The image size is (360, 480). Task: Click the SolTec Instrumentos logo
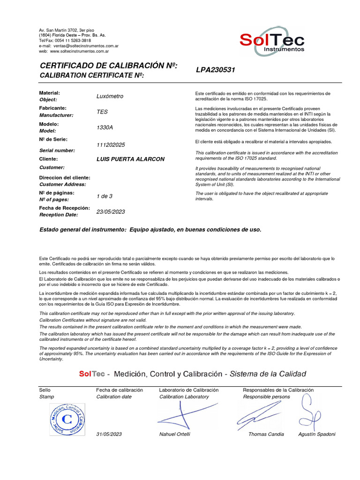point(272,42)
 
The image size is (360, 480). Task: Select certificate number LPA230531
point(215,70)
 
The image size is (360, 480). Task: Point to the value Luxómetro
point(110,96)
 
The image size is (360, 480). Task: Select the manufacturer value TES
point(102,112)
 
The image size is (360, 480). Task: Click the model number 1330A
point(105,127)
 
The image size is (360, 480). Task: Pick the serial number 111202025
point(111,145)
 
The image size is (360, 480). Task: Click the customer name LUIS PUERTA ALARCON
point(130,159)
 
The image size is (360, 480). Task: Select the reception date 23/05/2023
point(111,212)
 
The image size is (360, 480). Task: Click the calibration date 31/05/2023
point(109,434)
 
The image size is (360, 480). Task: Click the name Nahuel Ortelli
point(175,434)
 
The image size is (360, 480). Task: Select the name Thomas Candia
point(266,434)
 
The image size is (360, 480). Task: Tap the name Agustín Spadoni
point(317,434)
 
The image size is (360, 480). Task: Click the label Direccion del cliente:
point(65,178)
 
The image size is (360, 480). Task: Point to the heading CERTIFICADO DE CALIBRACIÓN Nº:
point(108,66)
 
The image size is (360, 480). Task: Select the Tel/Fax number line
point(65,41)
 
